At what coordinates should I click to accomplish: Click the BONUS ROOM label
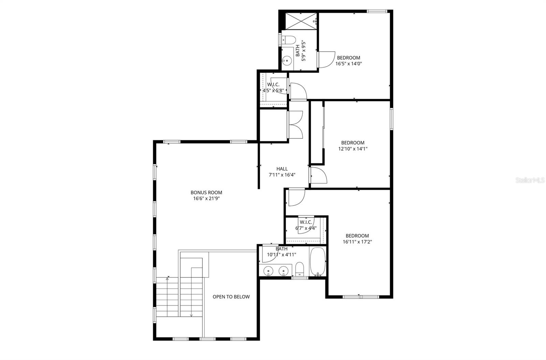pos(206,192)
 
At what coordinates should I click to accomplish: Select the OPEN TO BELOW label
pos(231,297)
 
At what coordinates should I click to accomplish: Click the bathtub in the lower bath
pos(318,262)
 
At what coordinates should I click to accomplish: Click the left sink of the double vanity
pos(269,272)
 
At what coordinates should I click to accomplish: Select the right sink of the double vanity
pos(283,272)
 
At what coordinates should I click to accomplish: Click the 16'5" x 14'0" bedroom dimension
pos(348,64)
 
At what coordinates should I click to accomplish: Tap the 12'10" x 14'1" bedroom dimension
pos(353,149)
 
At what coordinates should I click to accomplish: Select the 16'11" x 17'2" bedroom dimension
pos(357,242)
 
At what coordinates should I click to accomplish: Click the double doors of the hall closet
pos(296,125)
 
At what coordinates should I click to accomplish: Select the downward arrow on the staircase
pos(191,315)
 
